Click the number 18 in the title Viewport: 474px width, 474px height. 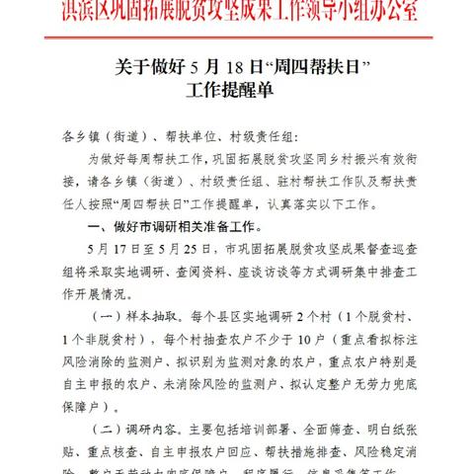pos(203,66)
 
